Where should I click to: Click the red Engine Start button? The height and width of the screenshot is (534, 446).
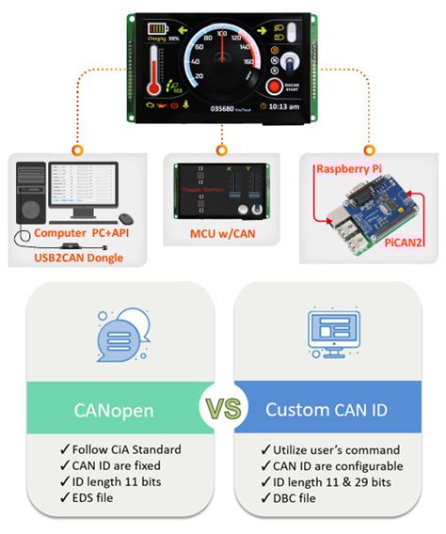(275, 87)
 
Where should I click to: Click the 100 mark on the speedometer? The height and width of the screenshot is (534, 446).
(222, 34)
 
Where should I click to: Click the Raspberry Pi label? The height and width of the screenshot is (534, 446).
(350, 168)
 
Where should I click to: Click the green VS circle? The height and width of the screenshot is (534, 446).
(223, 410)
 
